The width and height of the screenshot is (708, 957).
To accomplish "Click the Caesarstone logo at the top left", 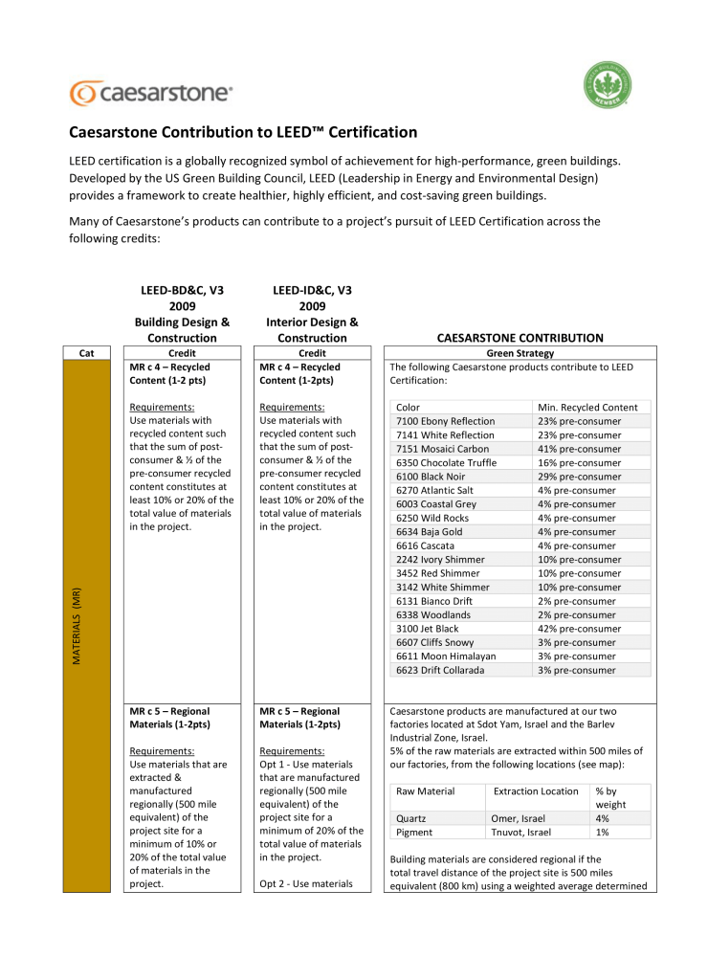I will coord(150,93).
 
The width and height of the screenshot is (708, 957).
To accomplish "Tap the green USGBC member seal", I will coord(608,89).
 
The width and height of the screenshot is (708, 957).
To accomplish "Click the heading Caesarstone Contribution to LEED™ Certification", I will coord(244,132).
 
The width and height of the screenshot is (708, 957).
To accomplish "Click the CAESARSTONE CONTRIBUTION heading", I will coord(520,338).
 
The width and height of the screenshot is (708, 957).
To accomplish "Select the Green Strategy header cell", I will coord(520,353).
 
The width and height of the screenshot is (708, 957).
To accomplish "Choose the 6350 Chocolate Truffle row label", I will coord(446,463).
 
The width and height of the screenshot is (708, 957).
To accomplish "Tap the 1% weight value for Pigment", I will coord(603,833).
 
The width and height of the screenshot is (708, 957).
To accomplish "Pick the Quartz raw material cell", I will coord(410,818).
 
